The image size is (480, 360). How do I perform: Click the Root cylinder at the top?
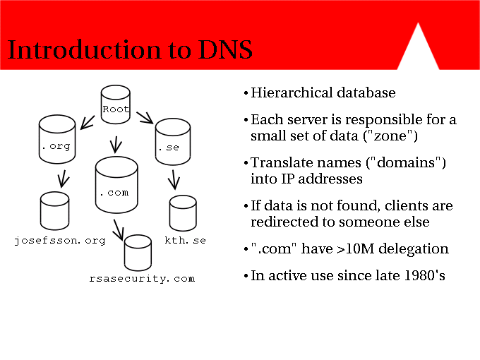(x=115, y=104)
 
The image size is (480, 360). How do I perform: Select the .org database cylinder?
(x=57, y=139)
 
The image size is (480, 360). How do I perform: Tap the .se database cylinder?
(x=173, y=142)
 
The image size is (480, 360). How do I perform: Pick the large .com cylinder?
(x=116, y=185)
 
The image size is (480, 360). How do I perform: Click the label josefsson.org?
(x=60, y=241)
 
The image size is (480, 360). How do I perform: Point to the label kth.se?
(x=185, y=240)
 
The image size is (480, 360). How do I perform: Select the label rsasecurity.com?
(x=142, y=279)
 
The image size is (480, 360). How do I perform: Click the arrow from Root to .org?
(x=88, y=122)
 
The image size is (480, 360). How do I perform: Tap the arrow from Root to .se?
(x=145, y=118)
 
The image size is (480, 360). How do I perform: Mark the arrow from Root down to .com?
(x=116, y=145)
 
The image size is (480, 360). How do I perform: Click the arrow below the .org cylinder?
(x=63, y=179)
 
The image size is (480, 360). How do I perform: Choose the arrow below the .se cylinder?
(x=174, y=180)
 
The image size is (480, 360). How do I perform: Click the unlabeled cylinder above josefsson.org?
(x=55, y=211)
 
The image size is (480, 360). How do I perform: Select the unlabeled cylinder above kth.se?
(x=183, y=213)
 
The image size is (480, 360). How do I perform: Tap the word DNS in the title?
(x=225, y=49)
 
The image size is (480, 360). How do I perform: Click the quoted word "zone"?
(x=390, y=136)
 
